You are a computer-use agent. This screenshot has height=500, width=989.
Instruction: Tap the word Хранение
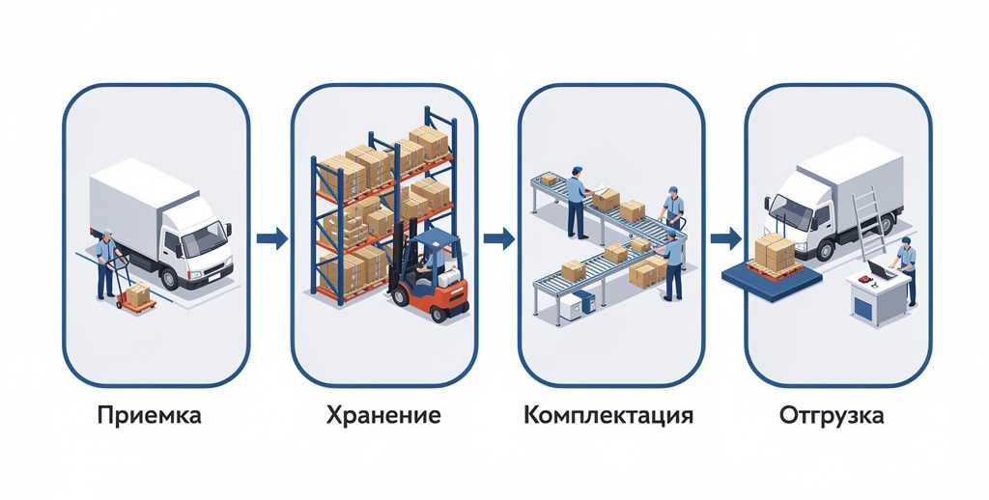(383, 417)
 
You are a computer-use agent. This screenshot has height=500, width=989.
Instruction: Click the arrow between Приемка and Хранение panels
(271, 237)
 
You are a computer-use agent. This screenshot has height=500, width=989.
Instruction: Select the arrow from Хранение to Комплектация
(499, 237)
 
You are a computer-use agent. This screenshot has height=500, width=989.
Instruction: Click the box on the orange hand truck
(139, 295)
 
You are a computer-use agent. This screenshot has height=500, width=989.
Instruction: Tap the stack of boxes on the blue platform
(775, 253)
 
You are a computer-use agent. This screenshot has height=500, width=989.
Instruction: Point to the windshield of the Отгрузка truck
(790, 207)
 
